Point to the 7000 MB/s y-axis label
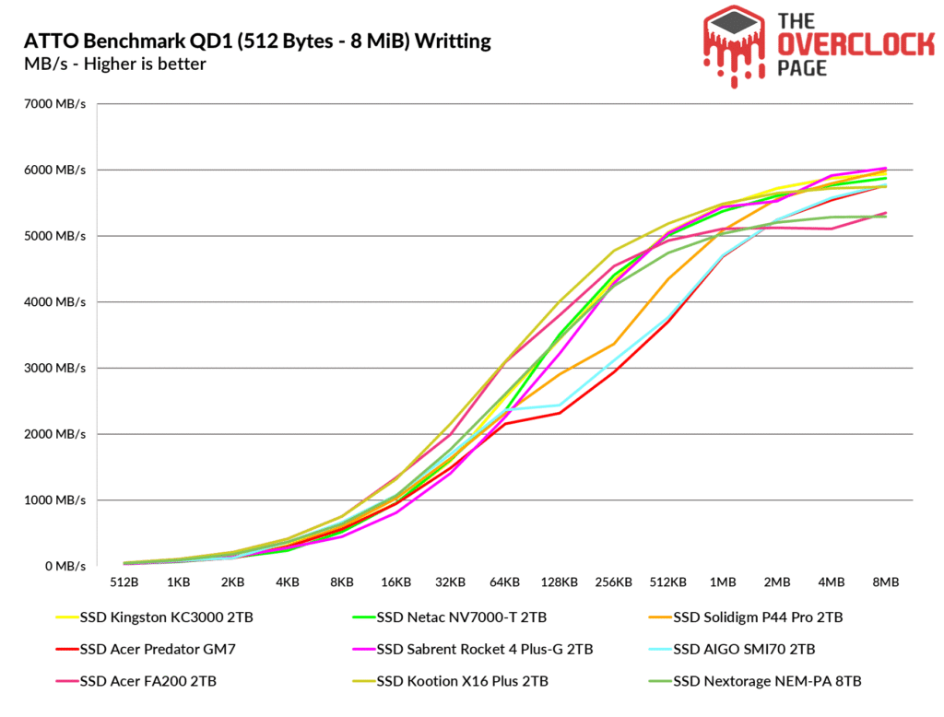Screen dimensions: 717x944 pos(55,104)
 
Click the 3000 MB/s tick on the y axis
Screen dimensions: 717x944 pos(55,369)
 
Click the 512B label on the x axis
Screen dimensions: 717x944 pos(124,582)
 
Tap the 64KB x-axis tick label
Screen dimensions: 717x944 pos(504,582)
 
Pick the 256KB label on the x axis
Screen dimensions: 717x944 pos(613,582)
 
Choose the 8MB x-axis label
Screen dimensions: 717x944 pos(886,582)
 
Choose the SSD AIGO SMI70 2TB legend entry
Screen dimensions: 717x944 pos(744,649)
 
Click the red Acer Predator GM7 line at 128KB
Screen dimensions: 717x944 pos(559,413)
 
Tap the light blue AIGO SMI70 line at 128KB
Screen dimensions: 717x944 pos(559,405)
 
